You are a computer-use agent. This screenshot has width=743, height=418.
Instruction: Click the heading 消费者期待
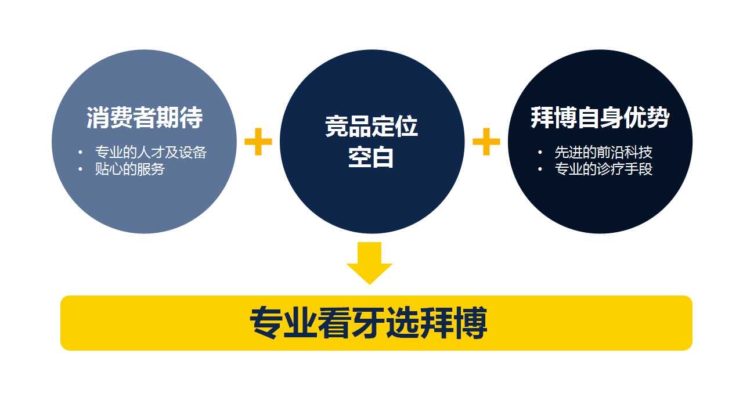pyautogui.click(x=145, y=117)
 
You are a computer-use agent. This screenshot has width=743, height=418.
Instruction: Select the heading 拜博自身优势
pyautogui.click(x=600, y=117)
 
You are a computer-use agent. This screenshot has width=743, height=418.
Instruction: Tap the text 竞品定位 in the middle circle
pyautogui.click(x=371, y=127)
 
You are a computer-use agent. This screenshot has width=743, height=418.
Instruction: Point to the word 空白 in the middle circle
pyautogui.click(x=371, y=157)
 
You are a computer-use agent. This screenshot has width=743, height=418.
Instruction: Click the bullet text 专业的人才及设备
pyautogui.click(x=151, y=153)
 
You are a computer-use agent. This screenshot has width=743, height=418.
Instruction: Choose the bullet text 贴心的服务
pyautogui.click(x=129, y=169)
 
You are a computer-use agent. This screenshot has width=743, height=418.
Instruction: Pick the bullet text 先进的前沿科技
pyautogui.click(x=603, y=153)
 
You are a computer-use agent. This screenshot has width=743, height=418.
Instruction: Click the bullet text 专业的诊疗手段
pyautogui.click(x=603, y=169)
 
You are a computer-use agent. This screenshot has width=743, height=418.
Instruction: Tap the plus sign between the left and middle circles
pyautogui.click(x=258, y=142)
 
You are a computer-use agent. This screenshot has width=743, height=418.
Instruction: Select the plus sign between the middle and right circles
pyautogui.click(x=486, y=142)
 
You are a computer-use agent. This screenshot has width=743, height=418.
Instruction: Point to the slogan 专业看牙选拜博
pyautogui.click(x=368, y=323)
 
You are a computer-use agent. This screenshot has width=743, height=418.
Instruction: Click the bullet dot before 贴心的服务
pyautogui.click(x=80, y=169)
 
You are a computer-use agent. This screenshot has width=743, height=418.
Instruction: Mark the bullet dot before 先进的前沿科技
pyautogui.click(x=540, y=153)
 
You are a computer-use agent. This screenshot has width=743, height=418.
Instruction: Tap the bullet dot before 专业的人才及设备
pyautogui.click(x=80, y=153)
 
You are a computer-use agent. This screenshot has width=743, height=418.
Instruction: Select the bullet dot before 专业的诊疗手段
pyautogui.click(x=540, y=169)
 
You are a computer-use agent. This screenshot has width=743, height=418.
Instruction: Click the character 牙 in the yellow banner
pyautogui.click(x=368, y=323)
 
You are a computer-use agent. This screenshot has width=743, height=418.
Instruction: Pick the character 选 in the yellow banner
pyautogui.click(x=402, y=323)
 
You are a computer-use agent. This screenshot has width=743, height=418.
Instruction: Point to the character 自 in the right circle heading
pyautogui.click(x=589, y=117)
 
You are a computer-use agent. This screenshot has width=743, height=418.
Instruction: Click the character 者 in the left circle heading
pyautogui.click(x=145, y=117)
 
